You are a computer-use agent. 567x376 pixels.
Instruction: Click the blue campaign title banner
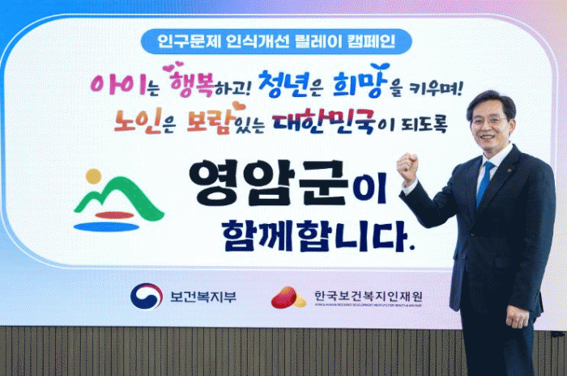[276, 41]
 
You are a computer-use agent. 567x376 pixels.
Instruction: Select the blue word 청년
[284, 84]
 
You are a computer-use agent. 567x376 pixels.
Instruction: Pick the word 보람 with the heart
[209, 120]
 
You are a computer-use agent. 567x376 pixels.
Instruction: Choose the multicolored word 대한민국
[324, 121]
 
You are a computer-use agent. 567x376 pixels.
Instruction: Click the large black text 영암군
[269, 184]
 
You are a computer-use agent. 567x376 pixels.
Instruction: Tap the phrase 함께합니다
[318, 235]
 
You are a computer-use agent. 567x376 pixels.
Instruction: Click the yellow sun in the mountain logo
[94, 176]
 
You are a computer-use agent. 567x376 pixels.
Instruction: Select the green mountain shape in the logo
[119, 198]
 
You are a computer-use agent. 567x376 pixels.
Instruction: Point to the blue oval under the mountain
[106, 227]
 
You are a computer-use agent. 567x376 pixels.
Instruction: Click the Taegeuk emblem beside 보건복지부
[147, 297]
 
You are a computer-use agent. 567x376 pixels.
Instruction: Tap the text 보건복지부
[203, 297]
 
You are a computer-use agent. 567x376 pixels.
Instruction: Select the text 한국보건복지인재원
[368, 296]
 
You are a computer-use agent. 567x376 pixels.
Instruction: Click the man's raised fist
[408, 167]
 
